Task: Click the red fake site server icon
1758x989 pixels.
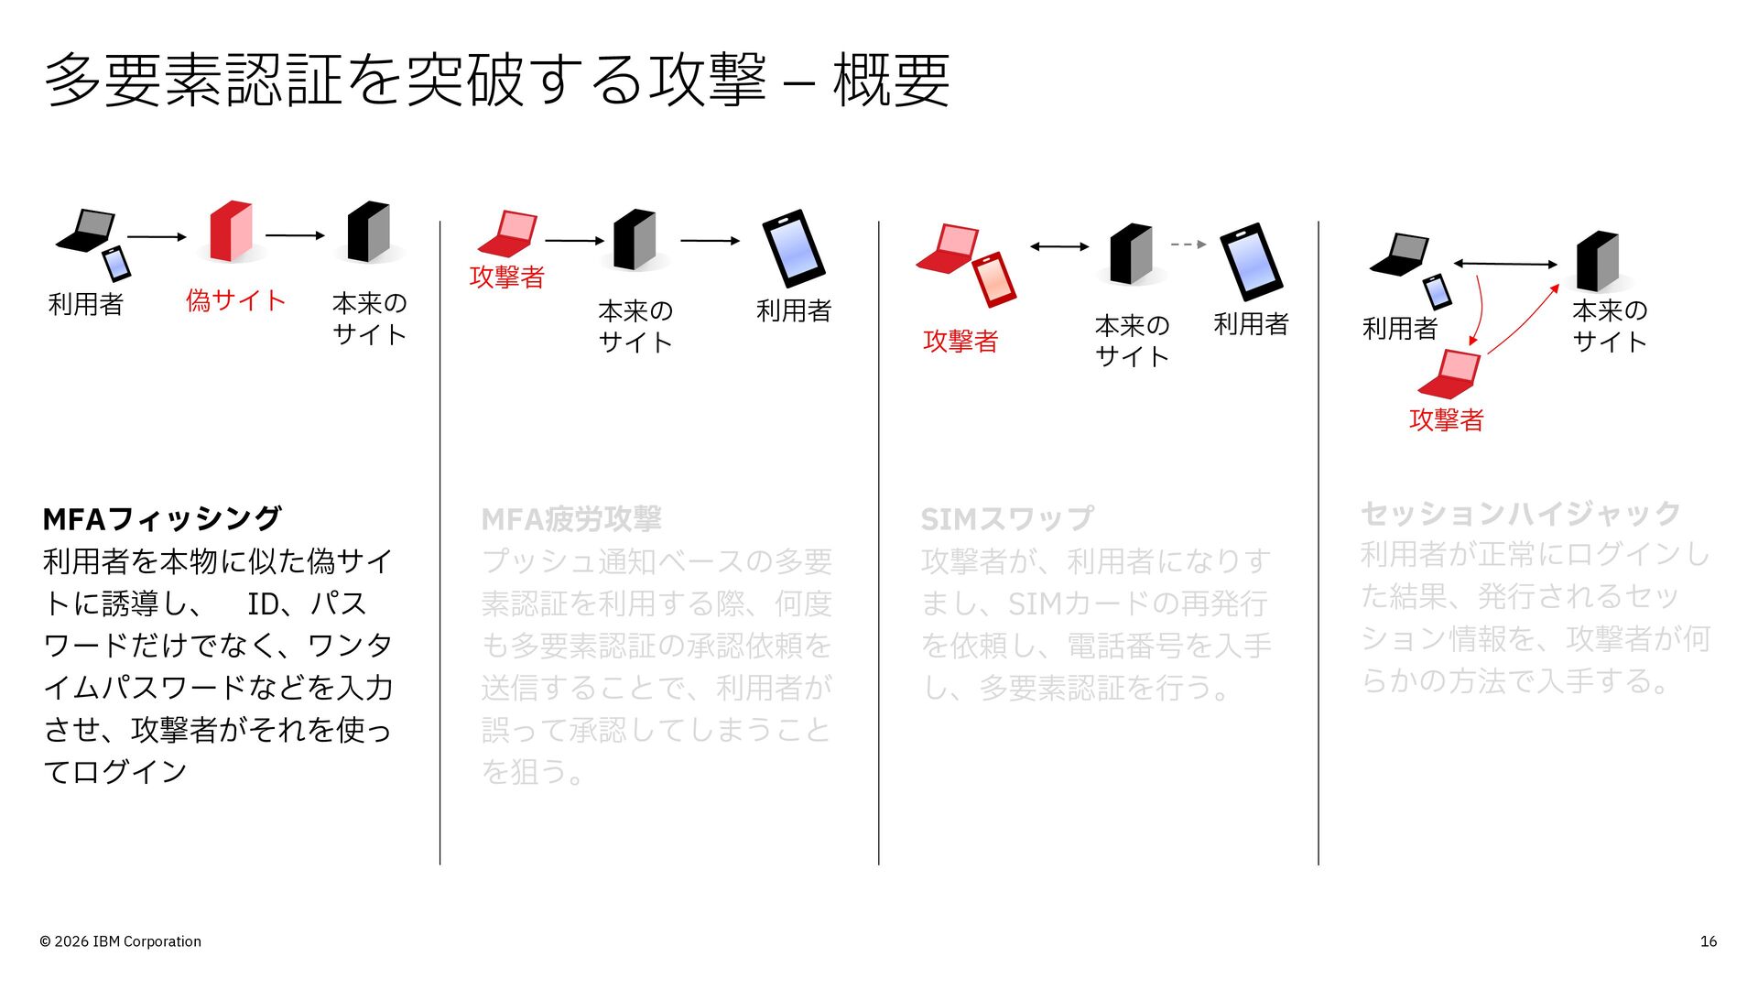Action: pos(231,231)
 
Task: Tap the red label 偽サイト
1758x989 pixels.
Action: pos(236,300)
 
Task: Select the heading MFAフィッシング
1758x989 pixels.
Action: pos(162,518)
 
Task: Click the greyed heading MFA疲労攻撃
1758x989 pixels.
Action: pos(571,519)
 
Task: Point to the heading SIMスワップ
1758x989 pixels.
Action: pos(1007,519)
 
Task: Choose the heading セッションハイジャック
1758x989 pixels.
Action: pos(1521,513)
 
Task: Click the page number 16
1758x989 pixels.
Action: pos(1709,941)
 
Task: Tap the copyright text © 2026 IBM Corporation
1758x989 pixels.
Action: pos(120,941)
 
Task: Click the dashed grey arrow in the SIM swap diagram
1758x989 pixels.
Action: pos(1188,245)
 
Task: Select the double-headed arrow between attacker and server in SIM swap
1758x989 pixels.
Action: pos(1059,246)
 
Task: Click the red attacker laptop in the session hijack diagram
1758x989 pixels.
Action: pos(1449,374)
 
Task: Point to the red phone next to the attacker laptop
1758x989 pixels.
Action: pos(994,279)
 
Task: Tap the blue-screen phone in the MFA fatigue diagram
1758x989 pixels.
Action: pos(794,248)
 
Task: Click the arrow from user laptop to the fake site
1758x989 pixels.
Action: pos(157,237)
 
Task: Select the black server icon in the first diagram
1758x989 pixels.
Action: pos(369,232)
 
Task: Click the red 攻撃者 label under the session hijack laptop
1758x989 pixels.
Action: pos(1447,419)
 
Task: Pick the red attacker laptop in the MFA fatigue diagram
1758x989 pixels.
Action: pos(507,234)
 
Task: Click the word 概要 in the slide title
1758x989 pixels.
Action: pos(891,80)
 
